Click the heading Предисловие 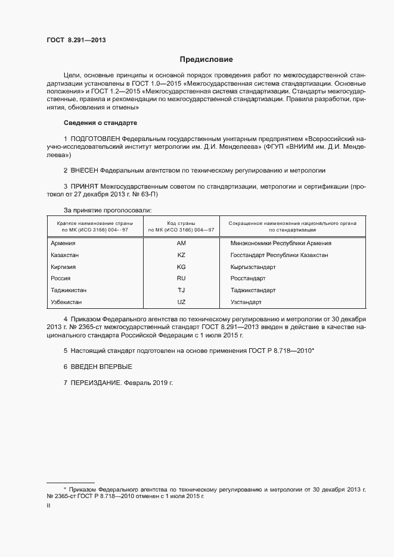click(206, 60)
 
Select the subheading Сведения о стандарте click(100, 123)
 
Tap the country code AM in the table click(182, 243)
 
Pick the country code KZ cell click(182, 255)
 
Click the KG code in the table click(182, 267)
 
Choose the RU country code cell click(182, 278)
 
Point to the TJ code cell click(182, 290)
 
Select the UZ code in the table click(182, 302)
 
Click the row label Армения click(63, 243)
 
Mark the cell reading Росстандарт click(248, 278)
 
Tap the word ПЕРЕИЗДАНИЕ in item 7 click(96, 382)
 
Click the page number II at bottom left click(48, 505)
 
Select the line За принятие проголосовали click(108, 210)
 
